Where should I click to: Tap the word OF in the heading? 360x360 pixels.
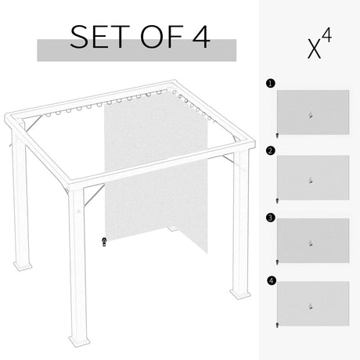pyautogui.click(x=148, y=37)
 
